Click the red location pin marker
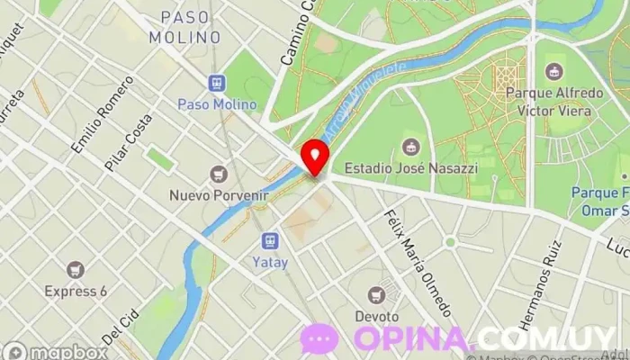314,157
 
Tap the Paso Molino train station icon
217,84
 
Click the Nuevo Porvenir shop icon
218,174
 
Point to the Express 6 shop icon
76,269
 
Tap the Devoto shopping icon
377,294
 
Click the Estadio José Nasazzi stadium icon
411,147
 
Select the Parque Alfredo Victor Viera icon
554,71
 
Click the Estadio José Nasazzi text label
411,167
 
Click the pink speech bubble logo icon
319,337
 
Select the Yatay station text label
270,265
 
